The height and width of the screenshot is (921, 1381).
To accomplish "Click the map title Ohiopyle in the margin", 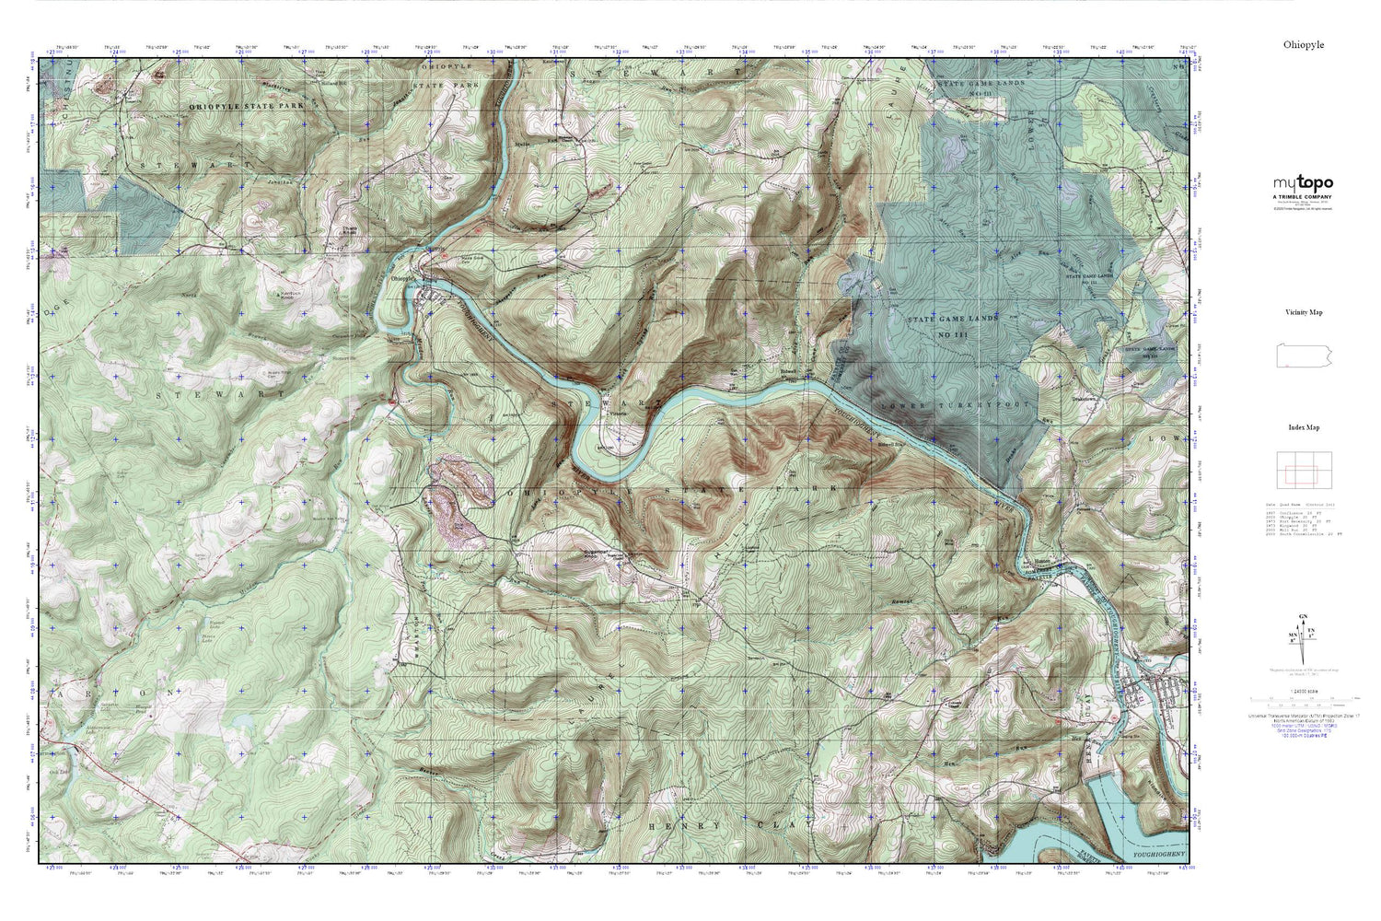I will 1303,44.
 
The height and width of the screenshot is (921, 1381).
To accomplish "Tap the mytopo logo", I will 1303,183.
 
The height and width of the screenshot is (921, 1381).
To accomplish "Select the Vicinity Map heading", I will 1304,312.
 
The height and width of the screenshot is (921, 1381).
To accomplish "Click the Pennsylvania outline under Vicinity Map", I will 1303,355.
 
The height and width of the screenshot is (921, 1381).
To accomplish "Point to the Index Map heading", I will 1304,427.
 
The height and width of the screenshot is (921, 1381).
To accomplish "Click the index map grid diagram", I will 1303,471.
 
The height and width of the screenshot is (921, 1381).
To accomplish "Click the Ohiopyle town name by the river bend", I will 406,278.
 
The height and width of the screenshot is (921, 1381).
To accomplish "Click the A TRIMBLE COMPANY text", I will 1303,196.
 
